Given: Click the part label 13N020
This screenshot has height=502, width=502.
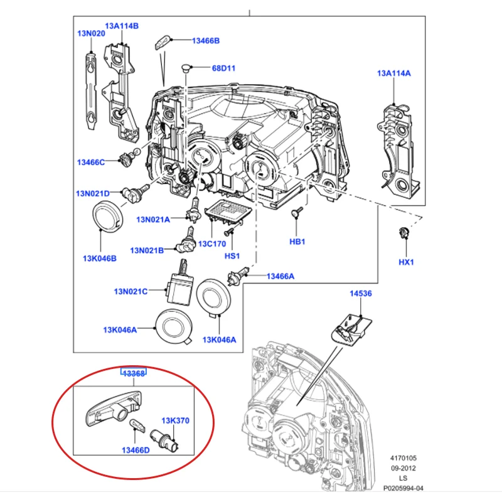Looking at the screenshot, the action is (91, 33).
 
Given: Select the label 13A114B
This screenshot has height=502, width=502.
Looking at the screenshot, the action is (122, 26).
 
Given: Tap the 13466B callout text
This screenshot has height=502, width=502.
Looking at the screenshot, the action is (206, 41).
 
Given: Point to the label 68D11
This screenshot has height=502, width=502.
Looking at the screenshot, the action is (223, 68).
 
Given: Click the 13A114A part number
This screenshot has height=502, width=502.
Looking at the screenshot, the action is (394, 73).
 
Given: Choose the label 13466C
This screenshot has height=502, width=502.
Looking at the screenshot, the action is (91, 163).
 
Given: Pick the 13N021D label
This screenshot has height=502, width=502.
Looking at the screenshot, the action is (93, 193).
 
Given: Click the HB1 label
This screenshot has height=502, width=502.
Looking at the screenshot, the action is (297, 242).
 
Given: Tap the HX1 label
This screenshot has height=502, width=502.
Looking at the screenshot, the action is (406, 262).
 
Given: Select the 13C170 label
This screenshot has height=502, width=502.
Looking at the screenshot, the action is (212, 244).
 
